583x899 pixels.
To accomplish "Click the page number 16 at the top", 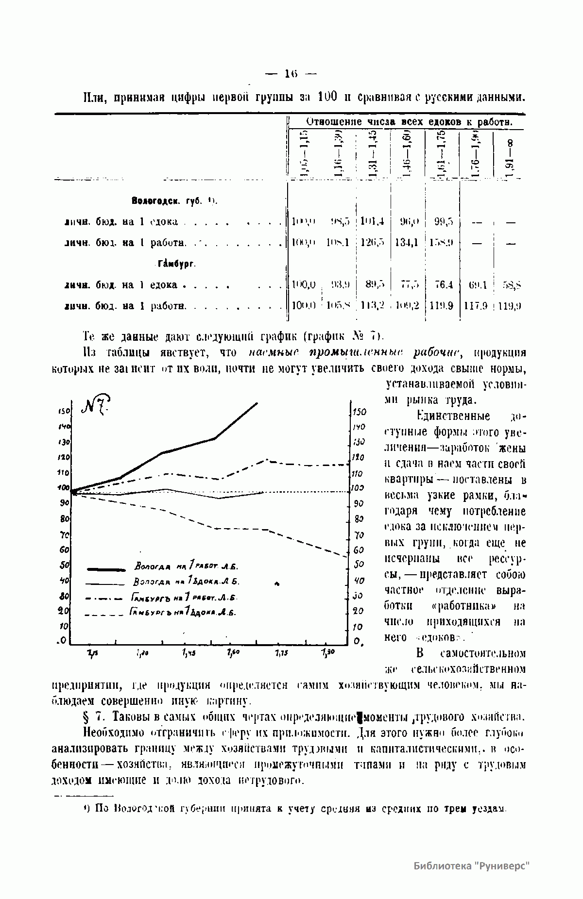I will point(291,74).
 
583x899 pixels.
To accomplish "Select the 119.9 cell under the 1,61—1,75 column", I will point(441,306).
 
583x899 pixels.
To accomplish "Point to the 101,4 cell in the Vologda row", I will point(373,222).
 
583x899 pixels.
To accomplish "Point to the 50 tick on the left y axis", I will point(64,565).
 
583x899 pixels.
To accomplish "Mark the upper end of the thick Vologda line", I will point(257,403).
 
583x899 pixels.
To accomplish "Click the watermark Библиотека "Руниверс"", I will point(471,866).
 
